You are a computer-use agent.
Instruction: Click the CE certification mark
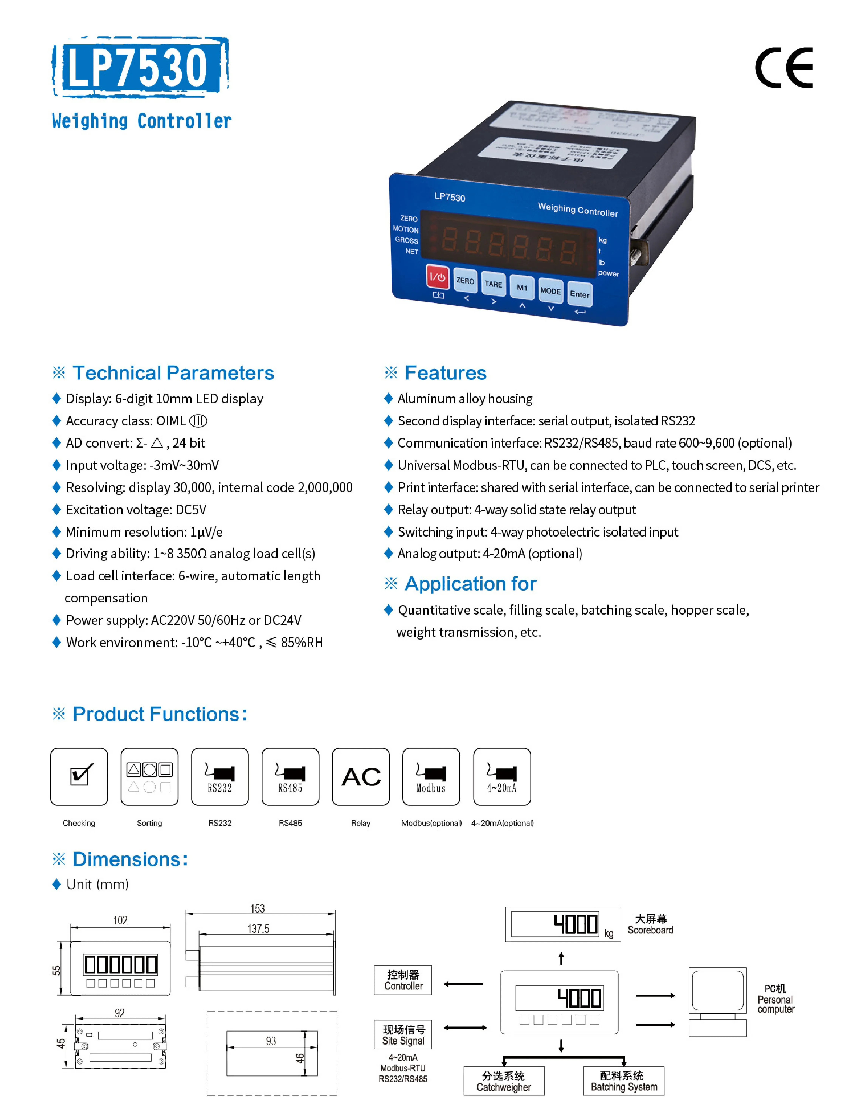[x=784, y=68]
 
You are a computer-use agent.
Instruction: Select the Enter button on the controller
[x=580, y=294]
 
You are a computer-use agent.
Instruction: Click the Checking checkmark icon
[x=79, y=776]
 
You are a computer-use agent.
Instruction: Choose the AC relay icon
[x=361, y=776]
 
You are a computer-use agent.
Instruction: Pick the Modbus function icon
[x=431, y=776]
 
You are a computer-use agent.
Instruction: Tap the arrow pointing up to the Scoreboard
[x=561, y=958]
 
